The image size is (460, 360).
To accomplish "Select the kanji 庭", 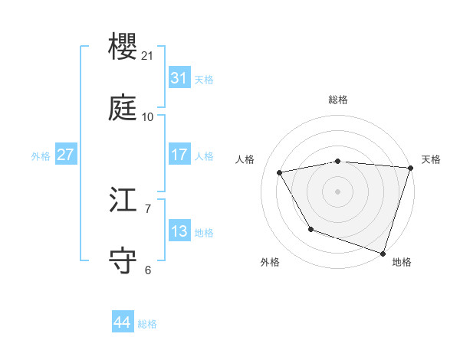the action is coord(123,107).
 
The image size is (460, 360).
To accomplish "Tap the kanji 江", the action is coord(123,200).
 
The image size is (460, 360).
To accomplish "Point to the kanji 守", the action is coord(123,260).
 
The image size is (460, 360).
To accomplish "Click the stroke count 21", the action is coord(148,56).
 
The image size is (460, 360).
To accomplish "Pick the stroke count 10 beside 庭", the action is coord(148,116).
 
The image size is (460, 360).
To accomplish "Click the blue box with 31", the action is coord(179,78).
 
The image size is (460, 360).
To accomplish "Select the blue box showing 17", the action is coord(179,155).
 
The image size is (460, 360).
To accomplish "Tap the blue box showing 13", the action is coord(179,231).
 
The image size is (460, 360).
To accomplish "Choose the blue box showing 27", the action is coord(65,155).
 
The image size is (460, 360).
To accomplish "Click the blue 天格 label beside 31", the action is coord(204,80).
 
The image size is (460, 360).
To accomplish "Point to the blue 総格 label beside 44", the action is coord(147,324).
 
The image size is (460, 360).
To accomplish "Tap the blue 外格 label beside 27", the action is coord(41,156).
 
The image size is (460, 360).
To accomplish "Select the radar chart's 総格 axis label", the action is coord(338,100).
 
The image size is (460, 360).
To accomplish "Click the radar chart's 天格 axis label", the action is coord(431,159).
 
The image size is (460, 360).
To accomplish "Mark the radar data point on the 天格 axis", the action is coord(410,168).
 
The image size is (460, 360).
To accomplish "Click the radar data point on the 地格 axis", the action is coord(383,253).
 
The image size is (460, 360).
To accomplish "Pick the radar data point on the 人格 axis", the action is coord(280,172).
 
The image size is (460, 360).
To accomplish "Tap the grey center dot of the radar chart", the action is coord(338,191).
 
